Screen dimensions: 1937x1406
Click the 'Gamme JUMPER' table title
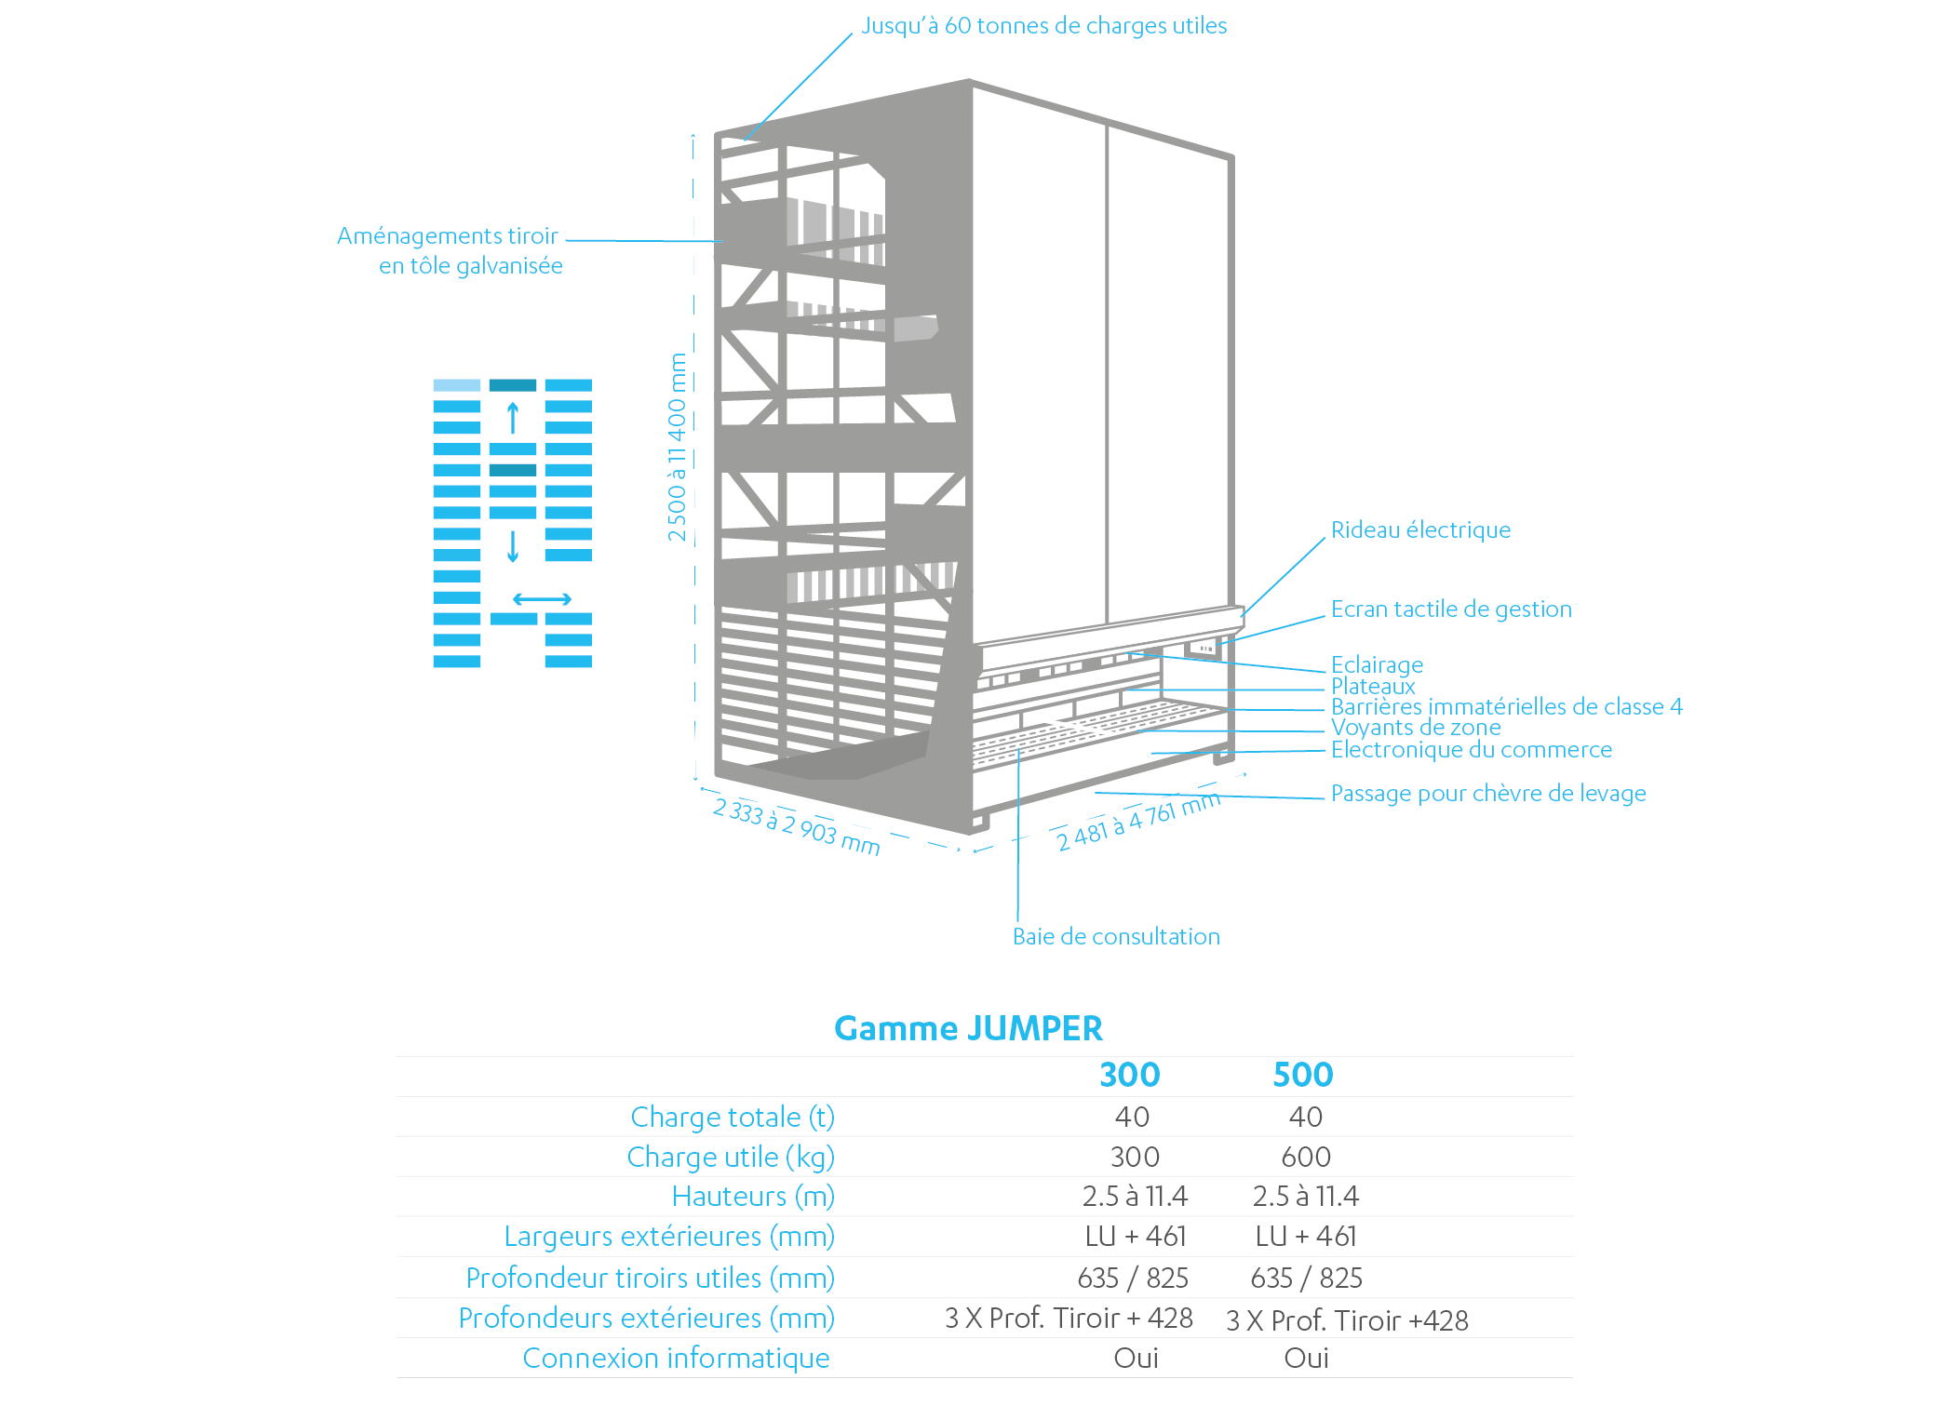tap(968, 1028)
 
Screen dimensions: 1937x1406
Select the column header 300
tap(1130, 1075)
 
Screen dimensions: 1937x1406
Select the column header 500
tap(1303, 1075)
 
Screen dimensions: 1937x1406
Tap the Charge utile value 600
tap(1306, 1157)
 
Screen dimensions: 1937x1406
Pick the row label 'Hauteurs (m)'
tap(753, 1197)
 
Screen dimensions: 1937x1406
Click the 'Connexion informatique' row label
tap(676, 1359)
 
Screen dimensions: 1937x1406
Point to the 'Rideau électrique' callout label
tap(1420, 530)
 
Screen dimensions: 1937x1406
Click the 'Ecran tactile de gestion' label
tap(1451, 609)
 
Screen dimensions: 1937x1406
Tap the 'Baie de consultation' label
tap(1116, 937)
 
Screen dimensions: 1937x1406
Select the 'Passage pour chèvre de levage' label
tap(1488, 794)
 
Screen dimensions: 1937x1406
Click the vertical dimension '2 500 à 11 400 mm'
tap(677, 447)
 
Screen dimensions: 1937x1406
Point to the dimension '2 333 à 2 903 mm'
tap(796, 826)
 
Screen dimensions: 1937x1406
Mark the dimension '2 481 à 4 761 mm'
tap(1138, 822)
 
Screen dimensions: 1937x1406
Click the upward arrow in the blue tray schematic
tap(513, 418)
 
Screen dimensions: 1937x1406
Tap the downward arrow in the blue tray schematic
tap(513, 546)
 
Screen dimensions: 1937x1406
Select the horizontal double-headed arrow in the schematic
tap(543, 599)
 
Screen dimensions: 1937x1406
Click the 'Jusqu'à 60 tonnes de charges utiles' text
tap(1043, 26)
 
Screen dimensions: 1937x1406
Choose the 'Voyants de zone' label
tap(1416, 728)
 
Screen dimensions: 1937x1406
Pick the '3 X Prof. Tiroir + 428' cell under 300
tap(1069, 1319)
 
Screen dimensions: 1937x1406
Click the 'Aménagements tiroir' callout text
tap(448, 236)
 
